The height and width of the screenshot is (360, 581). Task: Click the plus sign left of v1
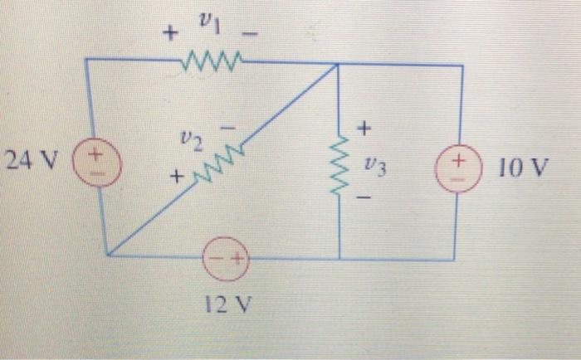(170, 34)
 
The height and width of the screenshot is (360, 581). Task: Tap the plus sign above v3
(366, 129)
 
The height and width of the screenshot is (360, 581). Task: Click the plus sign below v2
(176, 177)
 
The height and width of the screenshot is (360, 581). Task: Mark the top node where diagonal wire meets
(336, 64)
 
